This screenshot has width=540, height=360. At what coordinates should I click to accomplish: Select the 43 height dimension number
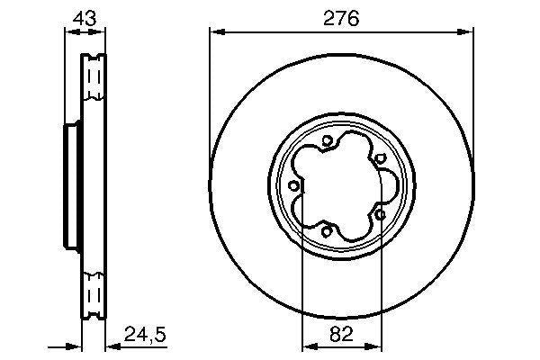(82, 17)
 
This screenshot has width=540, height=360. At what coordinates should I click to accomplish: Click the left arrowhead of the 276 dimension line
(215, 32)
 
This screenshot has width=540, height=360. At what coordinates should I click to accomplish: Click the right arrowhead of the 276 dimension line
(468, 32)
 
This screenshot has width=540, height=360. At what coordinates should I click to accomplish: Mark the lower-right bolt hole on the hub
(381, 215)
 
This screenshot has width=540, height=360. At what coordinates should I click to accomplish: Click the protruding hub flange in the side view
(69, 186)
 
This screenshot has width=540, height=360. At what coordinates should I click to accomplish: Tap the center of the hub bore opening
(340, 186)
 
